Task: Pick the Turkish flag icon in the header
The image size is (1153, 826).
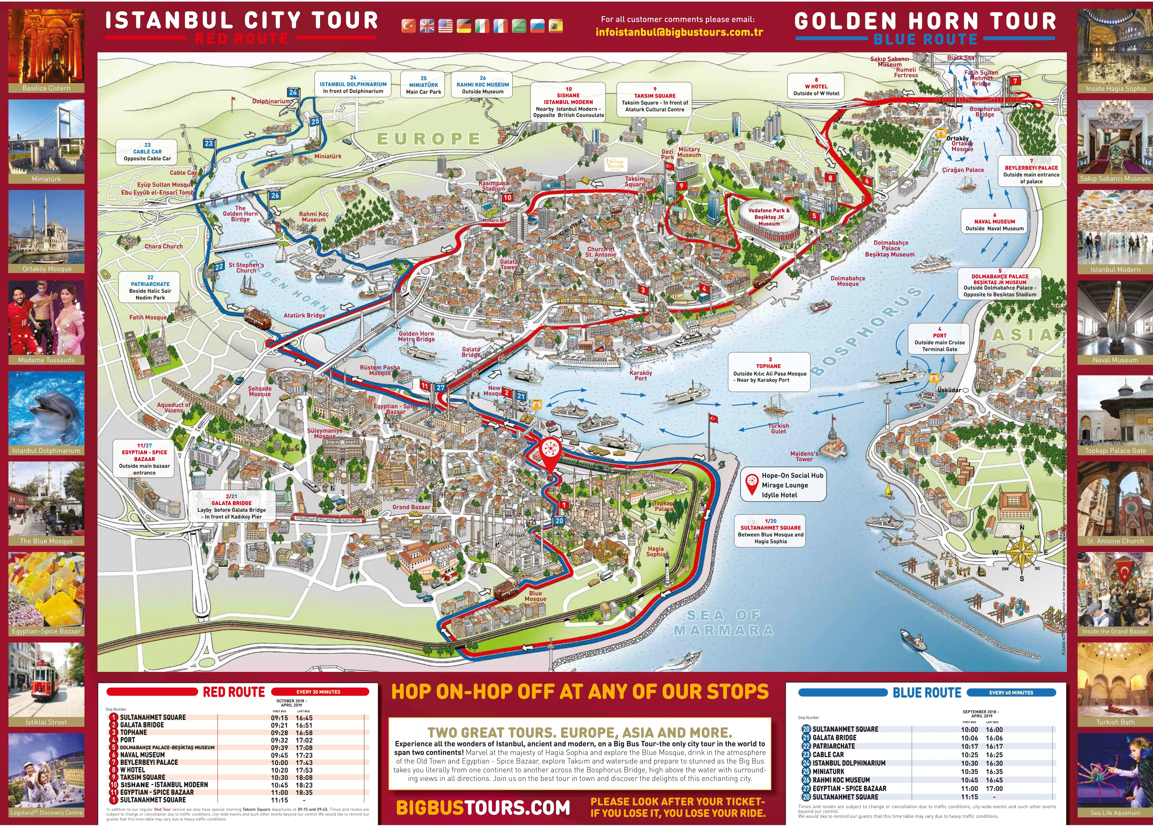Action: coord(408,26)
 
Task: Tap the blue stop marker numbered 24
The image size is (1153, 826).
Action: coord(293,93)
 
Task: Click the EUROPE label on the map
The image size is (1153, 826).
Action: coord(428,139)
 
